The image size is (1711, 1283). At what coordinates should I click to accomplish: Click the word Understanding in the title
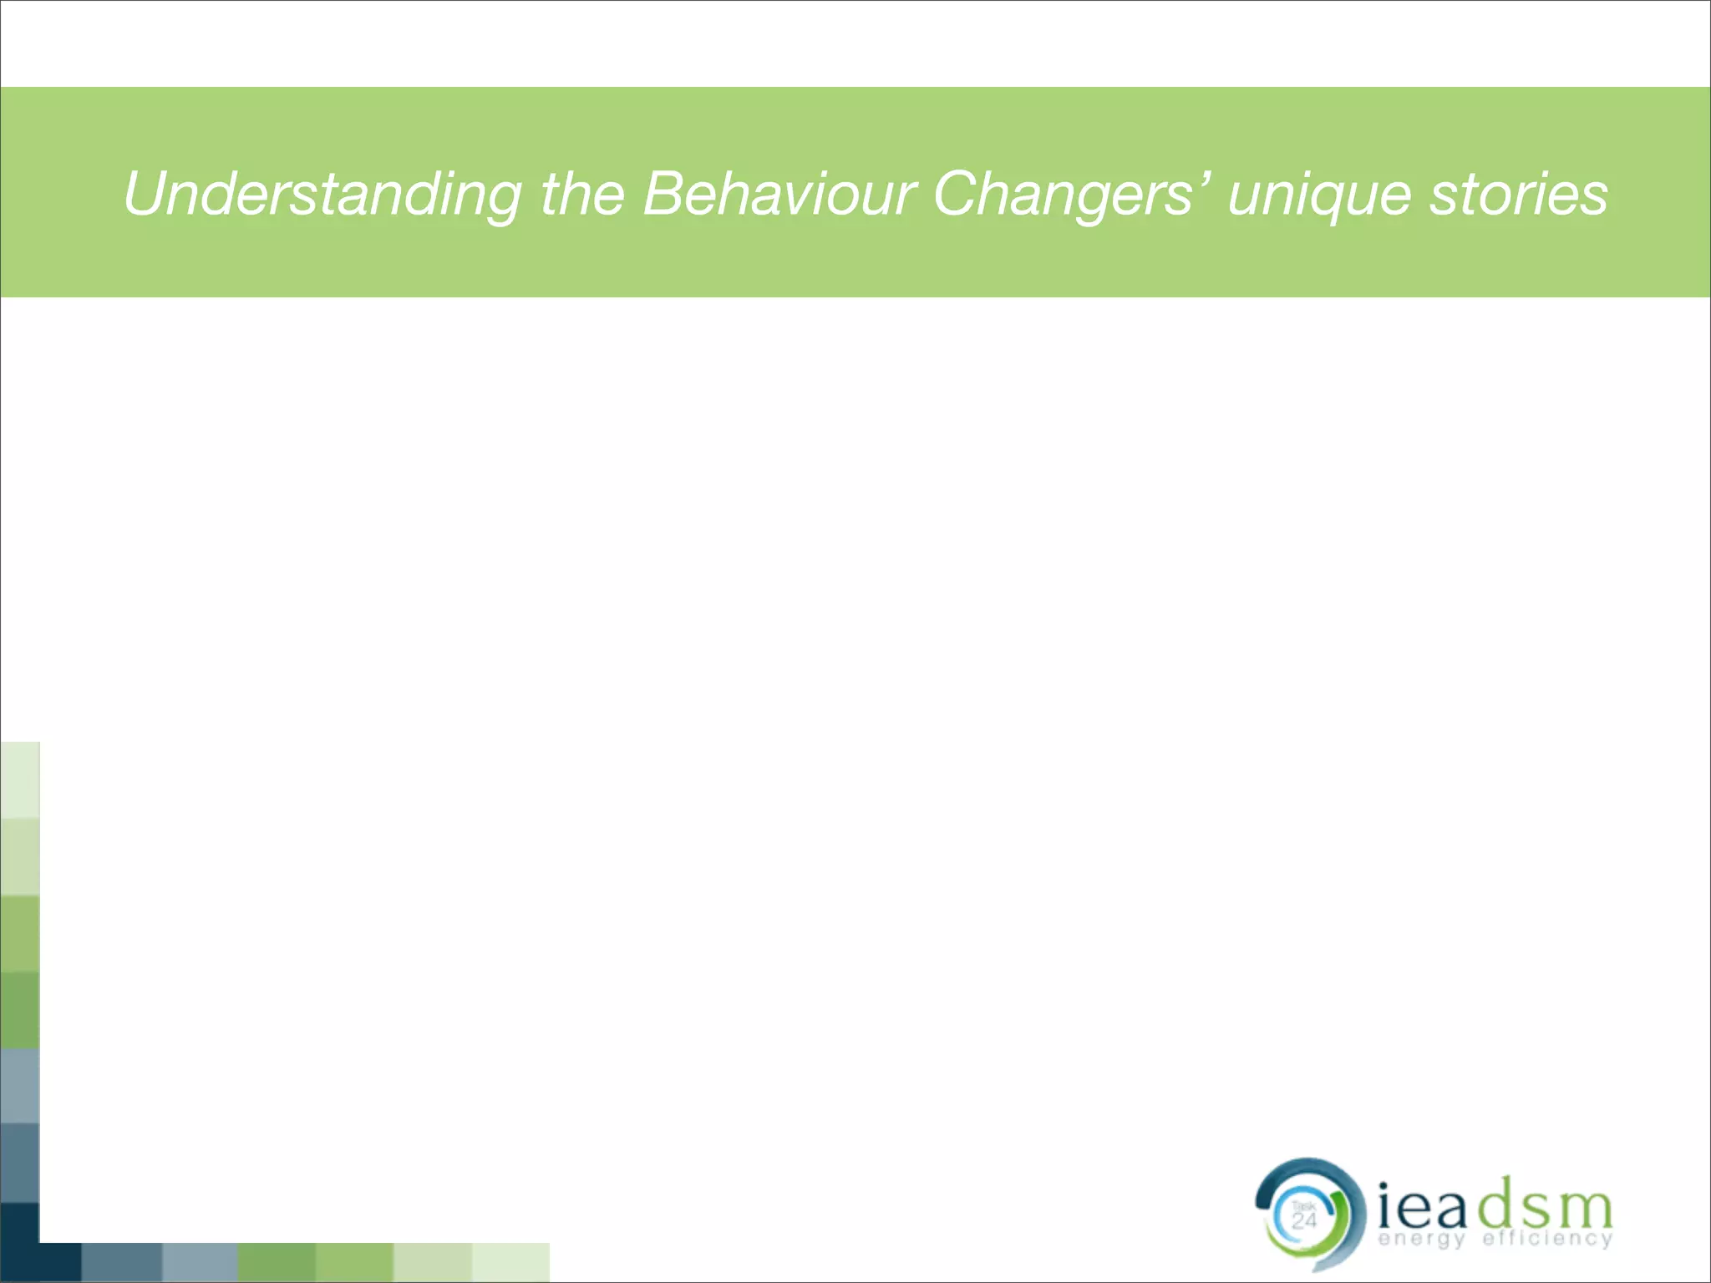(x=322, y=195)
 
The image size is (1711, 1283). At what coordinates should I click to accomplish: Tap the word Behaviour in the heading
(x=779, y=195)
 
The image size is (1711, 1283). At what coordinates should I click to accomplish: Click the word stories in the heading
(x=1518, y=195)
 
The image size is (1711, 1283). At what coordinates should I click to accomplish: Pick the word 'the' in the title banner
(x=582, y=195)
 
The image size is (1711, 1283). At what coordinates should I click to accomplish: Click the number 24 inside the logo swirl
(x=1304, y=1221)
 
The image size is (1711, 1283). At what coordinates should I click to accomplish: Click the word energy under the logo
(x=1421, y=1239)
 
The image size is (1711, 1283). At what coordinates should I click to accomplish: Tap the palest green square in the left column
(x=19, y=779)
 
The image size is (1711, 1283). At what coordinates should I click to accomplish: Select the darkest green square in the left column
(x=19, y=1010)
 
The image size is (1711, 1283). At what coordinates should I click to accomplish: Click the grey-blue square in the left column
(x=19, y=1086)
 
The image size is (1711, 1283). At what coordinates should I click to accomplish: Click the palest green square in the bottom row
(x=510, y=1262)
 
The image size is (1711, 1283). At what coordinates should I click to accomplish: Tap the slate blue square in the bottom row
(x=122, y=1262)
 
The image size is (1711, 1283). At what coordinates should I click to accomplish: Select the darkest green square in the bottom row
(x=277, y=1262)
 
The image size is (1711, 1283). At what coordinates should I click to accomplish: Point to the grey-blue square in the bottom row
(x=200, y=1262)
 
